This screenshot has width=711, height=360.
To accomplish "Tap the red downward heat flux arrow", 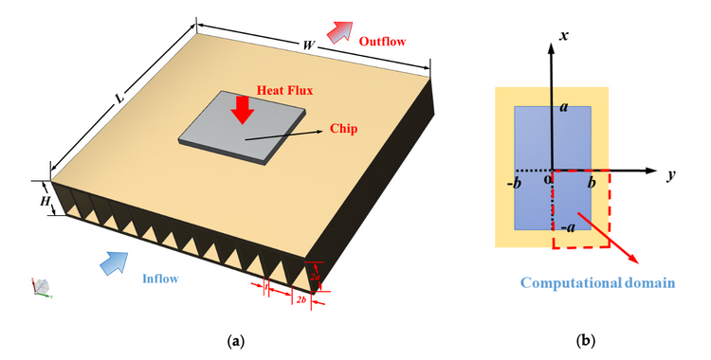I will coord(243,109).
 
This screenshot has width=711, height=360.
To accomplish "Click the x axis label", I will coord(563,35).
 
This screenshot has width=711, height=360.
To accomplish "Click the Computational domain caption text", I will coord(596,282).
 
